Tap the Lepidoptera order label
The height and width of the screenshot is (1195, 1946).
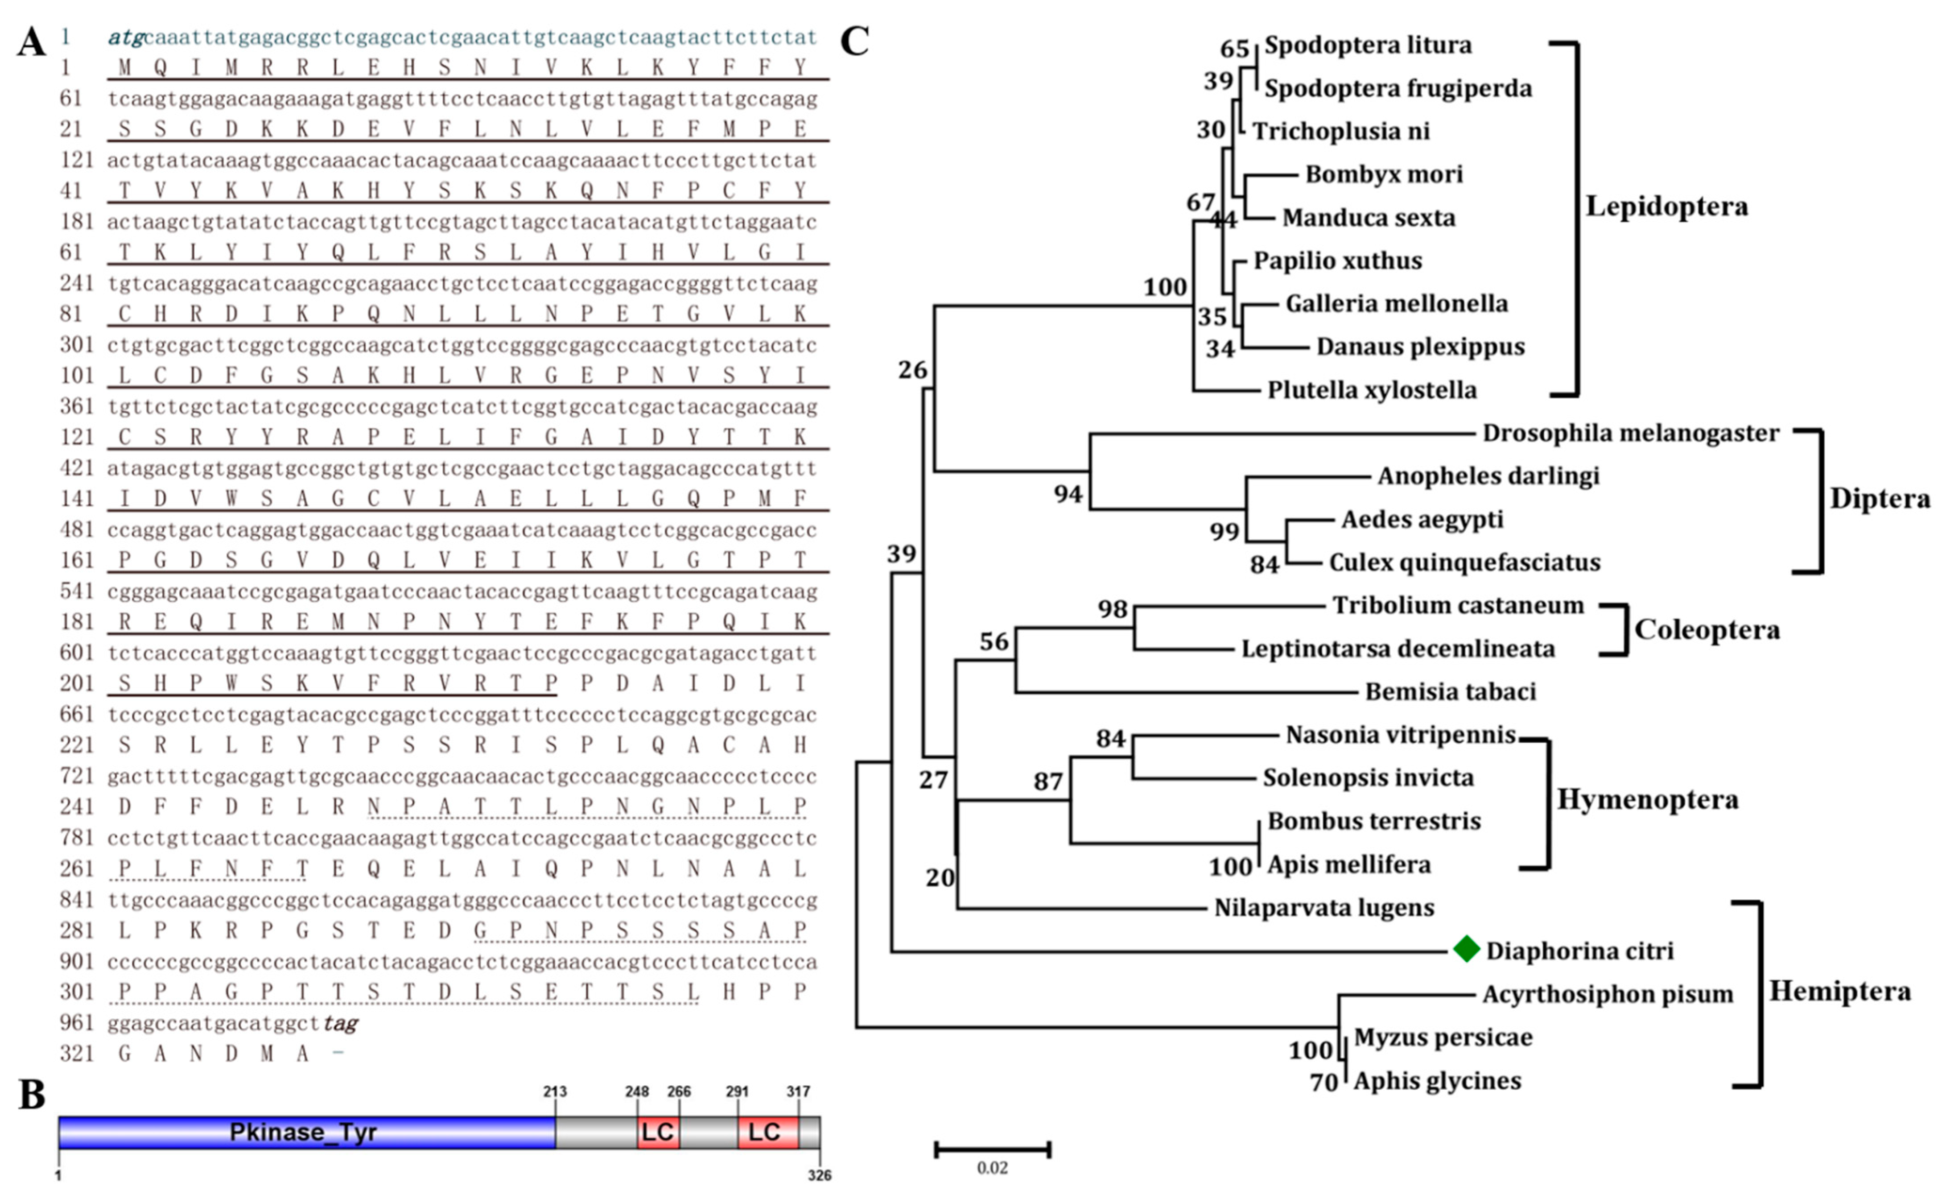click(1666, 206)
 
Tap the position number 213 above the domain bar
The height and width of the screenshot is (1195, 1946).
click(555, 1092)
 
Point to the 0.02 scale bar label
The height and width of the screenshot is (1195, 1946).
click(992, 1167)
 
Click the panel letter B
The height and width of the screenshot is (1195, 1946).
click(32, 1096)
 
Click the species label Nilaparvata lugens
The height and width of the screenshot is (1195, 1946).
click(1324, 907)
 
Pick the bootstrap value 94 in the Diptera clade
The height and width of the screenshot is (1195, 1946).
click(1068, 494)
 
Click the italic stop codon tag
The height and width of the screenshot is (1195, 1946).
click(341, 1024)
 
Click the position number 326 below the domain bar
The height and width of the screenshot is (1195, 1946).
click(819, 1175)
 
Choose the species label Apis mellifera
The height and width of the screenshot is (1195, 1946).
click(1349, 864)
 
